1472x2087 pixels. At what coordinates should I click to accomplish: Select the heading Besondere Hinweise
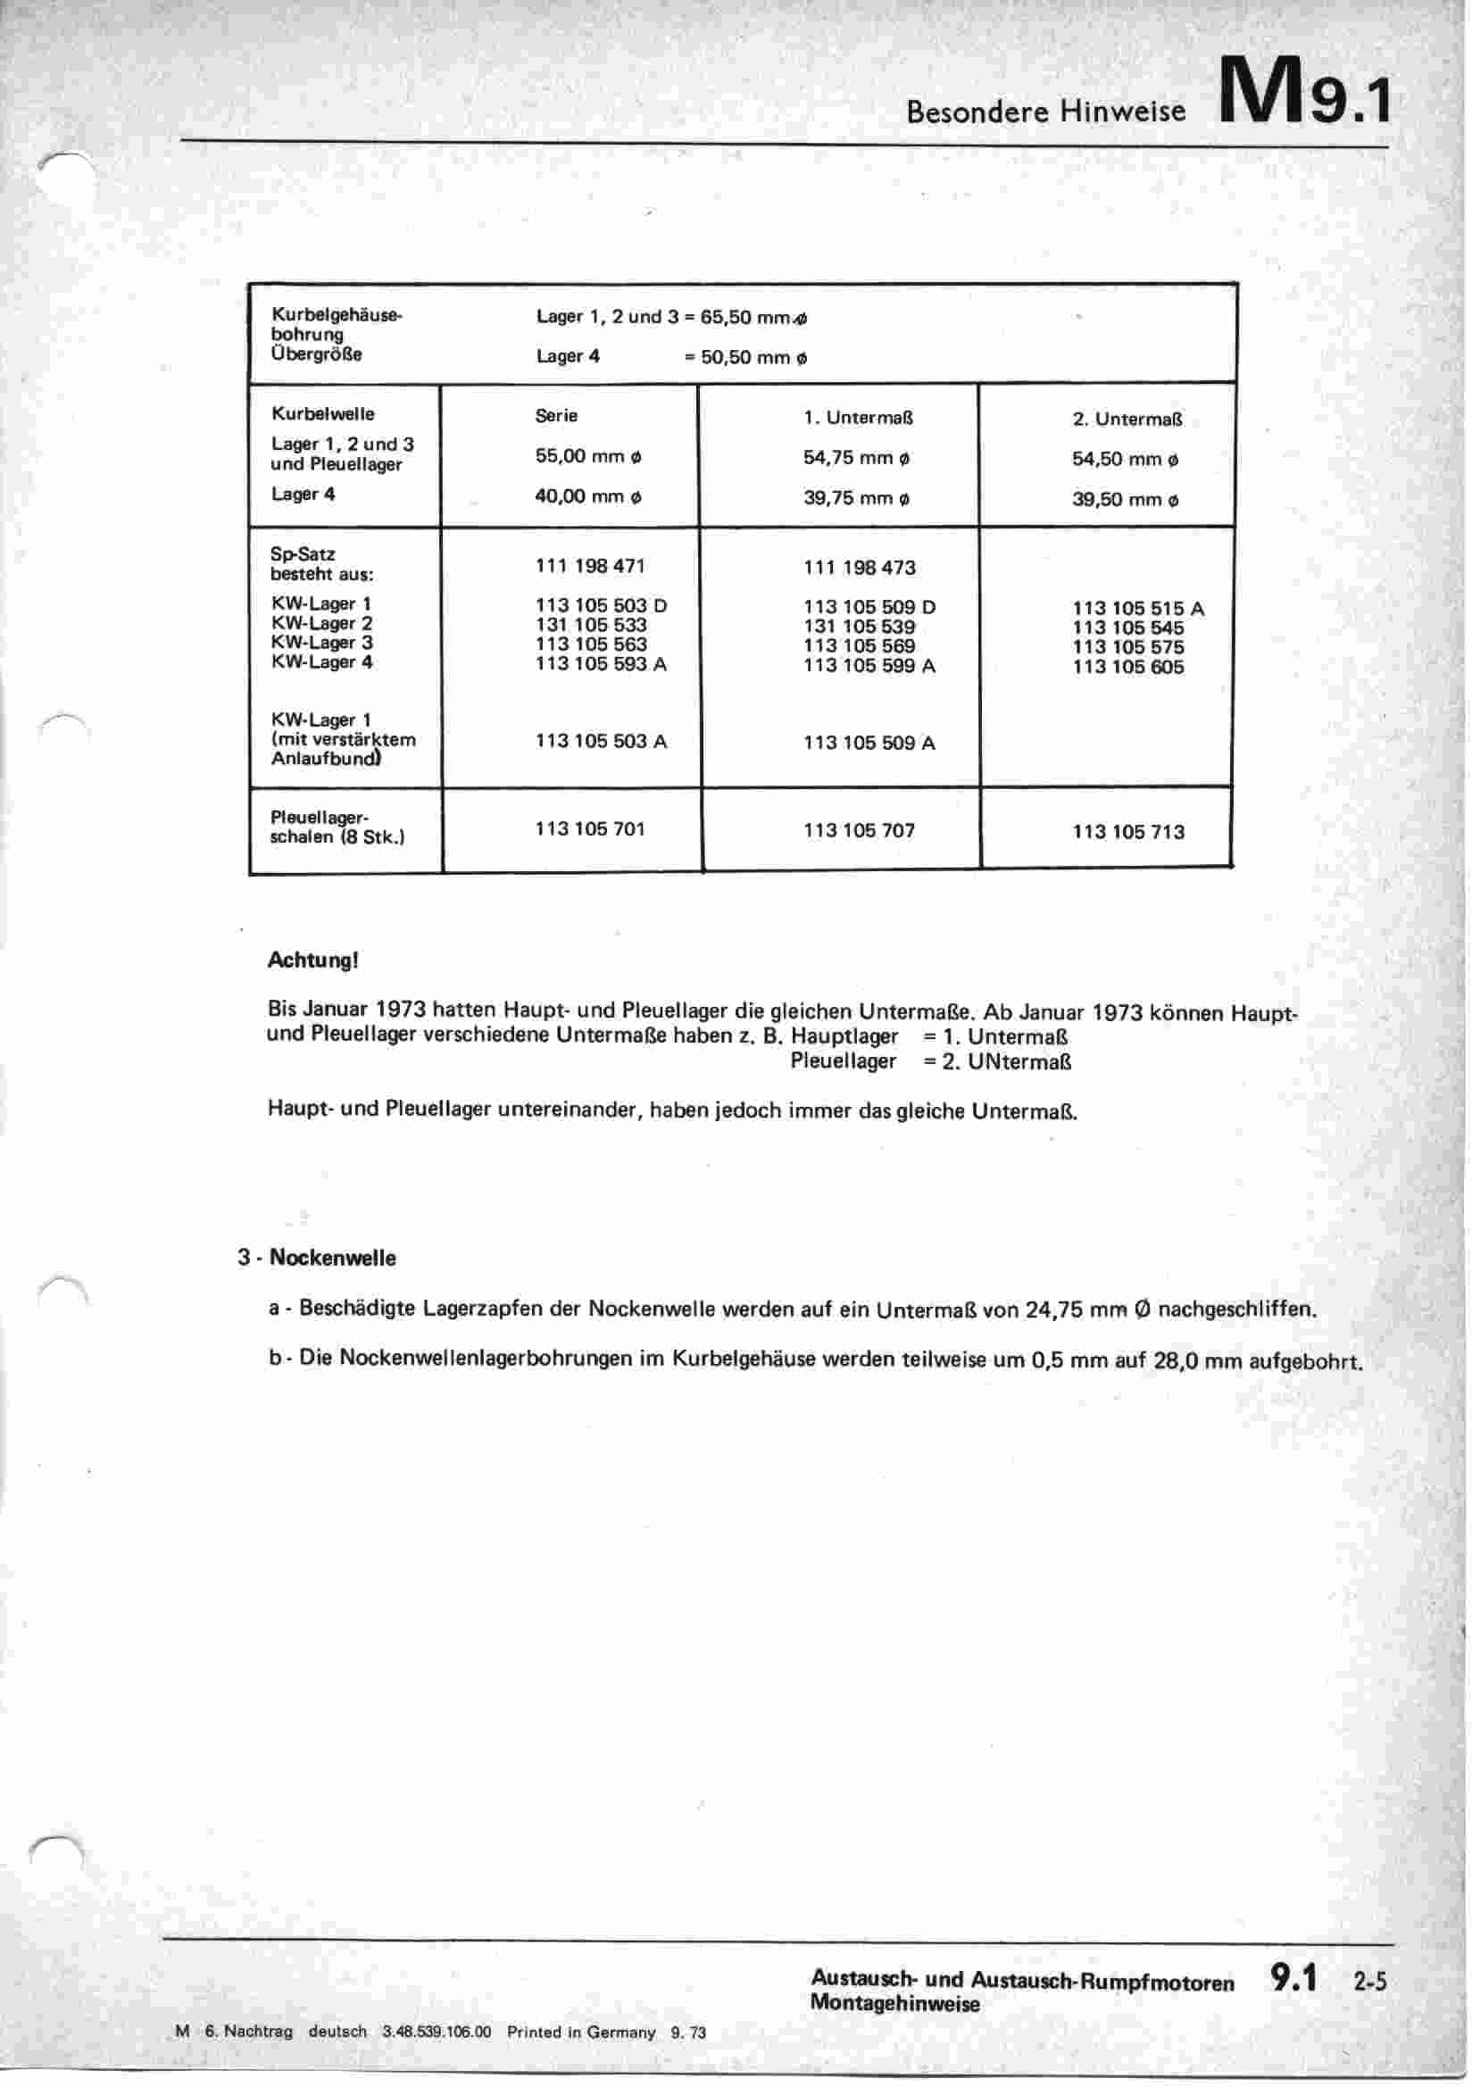pos(1045,112)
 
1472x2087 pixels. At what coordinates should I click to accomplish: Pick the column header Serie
pos(556,415)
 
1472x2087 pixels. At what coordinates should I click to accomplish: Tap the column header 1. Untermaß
pos(857,418)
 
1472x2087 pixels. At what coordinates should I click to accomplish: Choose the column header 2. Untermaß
pos(1127,419)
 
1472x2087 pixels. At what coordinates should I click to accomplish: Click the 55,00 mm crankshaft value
pos(587,456)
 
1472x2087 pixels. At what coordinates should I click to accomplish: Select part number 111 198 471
pos(590,565)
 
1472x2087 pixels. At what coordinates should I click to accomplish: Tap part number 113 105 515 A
pos(1137,608)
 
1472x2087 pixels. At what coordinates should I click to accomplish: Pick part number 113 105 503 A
pos(601,741)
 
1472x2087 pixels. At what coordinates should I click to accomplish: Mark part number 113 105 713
pos(1128,832)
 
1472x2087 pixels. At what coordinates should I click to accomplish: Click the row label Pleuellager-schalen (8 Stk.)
pos(337,827)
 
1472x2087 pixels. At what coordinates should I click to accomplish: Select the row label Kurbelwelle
pos(323,413)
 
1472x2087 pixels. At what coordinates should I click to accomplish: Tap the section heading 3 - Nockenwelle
pos(316,1258)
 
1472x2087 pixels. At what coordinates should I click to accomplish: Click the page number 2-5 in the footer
pos(1369,1981)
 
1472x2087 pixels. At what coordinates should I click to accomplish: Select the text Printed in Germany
pos(581,2033)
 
